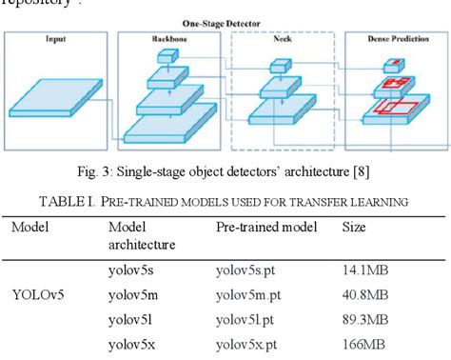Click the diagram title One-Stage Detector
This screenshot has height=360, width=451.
click(x=225, y=22)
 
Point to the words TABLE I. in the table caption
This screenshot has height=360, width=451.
click(x=69, y=200)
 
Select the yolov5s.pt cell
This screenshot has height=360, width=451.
click(x=249, y=270)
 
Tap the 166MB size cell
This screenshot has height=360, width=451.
click(x=362, y=344)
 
